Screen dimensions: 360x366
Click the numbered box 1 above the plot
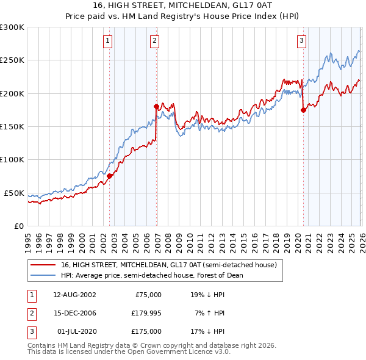point(107,41)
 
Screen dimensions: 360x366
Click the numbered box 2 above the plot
point(155,41)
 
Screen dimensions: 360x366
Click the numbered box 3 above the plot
point(301,41)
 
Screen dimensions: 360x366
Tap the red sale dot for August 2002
point(110,176)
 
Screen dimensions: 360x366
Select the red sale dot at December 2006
point(156,106)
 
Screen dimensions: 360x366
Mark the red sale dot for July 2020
point(303,110)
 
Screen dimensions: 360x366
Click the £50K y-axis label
point(14,193)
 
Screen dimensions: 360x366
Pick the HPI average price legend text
point(152,275)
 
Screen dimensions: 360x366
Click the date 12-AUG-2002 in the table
point(74,294)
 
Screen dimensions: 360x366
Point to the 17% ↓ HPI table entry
point(208,332)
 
